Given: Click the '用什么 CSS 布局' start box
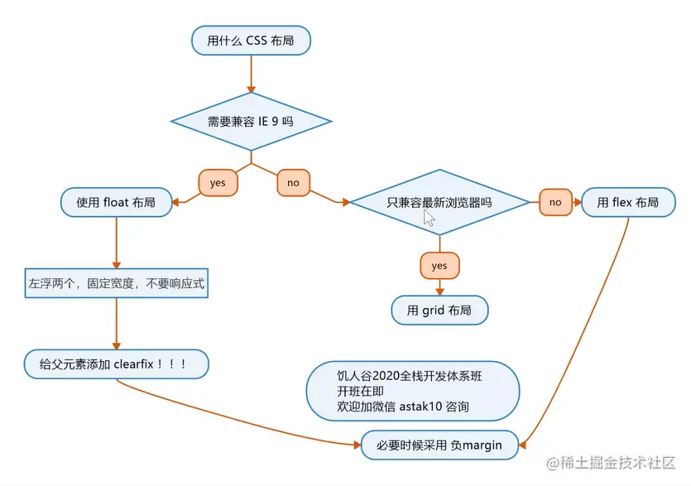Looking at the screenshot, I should coord(251,40).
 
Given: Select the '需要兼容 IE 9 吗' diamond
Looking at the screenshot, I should coord(251,121).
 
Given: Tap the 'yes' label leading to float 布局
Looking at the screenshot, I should coord(218,182).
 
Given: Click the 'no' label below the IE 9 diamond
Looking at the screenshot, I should coord(293,182).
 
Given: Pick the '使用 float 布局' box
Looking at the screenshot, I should coord(116,201).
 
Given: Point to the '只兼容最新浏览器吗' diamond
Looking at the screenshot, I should coord(439,201).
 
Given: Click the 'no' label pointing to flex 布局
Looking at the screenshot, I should coord(554,201).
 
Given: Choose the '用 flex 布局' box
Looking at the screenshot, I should coord(627,201).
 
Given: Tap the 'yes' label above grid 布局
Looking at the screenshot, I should coord(439,265).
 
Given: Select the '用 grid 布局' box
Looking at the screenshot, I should coord(439,310).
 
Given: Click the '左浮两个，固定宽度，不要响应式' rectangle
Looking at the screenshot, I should coord(116,283).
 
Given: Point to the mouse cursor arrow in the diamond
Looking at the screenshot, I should coord(428,217).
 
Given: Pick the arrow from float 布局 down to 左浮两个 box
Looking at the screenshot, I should coord(116,240).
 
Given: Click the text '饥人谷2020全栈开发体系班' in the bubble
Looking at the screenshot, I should coord(403,375).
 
